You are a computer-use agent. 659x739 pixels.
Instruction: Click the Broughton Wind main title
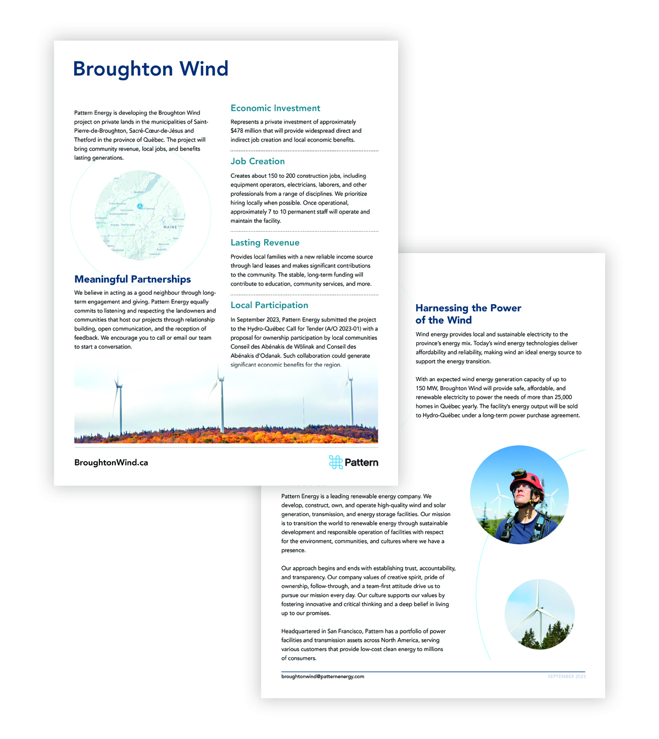[150, 69]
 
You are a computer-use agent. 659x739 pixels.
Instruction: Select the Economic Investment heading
[275, 108]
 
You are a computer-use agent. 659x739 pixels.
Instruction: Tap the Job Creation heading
[258, 161]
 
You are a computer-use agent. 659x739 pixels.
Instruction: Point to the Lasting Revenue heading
[265, 243]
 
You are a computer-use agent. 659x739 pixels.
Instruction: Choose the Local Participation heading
[269, 305]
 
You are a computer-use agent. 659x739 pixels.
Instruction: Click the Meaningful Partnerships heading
[133, 279]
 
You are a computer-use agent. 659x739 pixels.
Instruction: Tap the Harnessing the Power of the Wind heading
[468, 314]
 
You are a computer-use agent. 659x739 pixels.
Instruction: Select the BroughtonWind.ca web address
[111, 463]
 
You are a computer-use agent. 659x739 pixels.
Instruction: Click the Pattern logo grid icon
[336, 462]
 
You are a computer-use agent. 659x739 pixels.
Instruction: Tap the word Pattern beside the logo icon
[361, 463]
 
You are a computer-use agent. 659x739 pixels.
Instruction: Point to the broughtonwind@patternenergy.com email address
[322, 676]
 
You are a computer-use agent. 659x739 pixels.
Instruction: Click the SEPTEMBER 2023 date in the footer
[566, 676]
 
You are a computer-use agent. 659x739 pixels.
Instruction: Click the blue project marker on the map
[140, 206]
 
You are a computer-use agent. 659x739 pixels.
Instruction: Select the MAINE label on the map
[170, 227]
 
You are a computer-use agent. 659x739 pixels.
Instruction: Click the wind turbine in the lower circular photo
[539, 609]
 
